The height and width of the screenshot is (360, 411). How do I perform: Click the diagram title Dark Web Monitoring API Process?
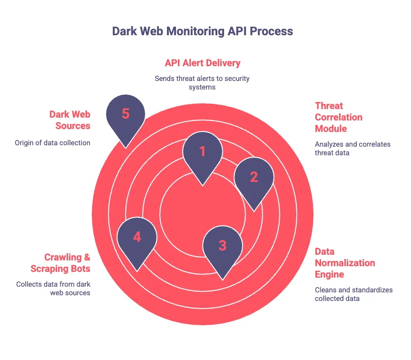203,31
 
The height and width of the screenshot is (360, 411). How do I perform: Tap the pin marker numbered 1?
203,152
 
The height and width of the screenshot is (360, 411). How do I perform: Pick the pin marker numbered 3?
223,246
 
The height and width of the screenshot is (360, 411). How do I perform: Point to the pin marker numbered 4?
137,238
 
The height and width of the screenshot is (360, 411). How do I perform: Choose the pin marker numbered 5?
126,115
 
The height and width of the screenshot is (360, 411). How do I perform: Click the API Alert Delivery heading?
203,63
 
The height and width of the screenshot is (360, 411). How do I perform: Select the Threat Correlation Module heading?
338,117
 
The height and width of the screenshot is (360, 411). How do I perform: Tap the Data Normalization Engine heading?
344,263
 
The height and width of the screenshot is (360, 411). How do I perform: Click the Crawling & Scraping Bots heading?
67,263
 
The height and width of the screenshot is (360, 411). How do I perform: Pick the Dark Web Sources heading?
70,120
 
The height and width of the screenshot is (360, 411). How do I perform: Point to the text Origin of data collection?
53,142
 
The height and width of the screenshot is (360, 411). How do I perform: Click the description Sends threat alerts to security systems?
202,82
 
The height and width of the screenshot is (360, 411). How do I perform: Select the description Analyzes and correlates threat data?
352,148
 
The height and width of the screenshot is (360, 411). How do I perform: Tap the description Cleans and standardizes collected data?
353,294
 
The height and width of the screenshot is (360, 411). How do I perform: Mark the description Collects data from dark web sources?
53,289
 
